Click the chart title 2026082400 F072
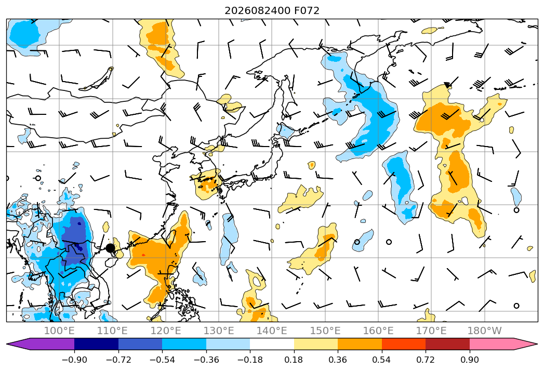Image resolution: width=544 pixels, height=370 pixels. (x=272, y=10)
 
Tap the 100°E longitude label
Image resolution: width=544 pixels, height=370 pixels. (x=59, y=331)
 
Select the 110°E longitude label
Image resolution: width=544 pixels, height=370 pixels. (x=112, y=331)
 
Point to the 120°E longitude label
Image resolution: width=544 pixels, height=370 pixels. (x=166, y=331)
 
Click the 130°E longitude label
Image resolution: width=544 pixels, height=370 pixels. (x=219, y=331)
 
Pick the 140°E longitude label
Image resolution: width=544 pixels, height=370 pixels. (x=272, y=331)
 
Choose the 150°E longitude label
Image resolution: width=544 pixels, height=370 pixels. (x=325, y=331)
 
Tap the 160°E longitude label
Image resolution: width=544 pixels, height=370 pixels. (x=378, y=331)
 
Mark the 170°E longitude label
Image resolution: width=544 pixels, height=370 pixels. (x=431, y=331)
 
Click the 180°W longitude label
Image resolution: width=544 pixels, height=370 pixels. (x=484, y=331)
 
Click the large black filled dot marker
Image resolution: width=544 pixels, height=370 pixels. (x=110, y=248)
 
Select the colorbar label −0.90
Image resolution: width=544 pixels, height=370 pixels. (x=74, y=360)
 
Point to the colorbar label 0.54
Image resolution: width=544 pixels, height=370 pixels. (x=382, y=360)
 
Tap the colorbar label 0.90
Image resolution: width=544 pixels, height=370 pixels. (x=469, y=360)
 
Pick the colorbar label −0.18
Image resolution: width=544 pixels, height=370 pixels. (x=250, y=360)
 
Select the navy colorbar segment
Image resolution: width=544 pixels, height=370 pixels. (x=97, y=344)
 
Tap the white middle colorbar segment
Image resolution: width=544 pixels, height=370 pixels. (x=272, y=344)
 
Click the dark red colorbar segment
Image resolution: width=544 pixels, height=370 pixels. (x=447, y=344)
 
